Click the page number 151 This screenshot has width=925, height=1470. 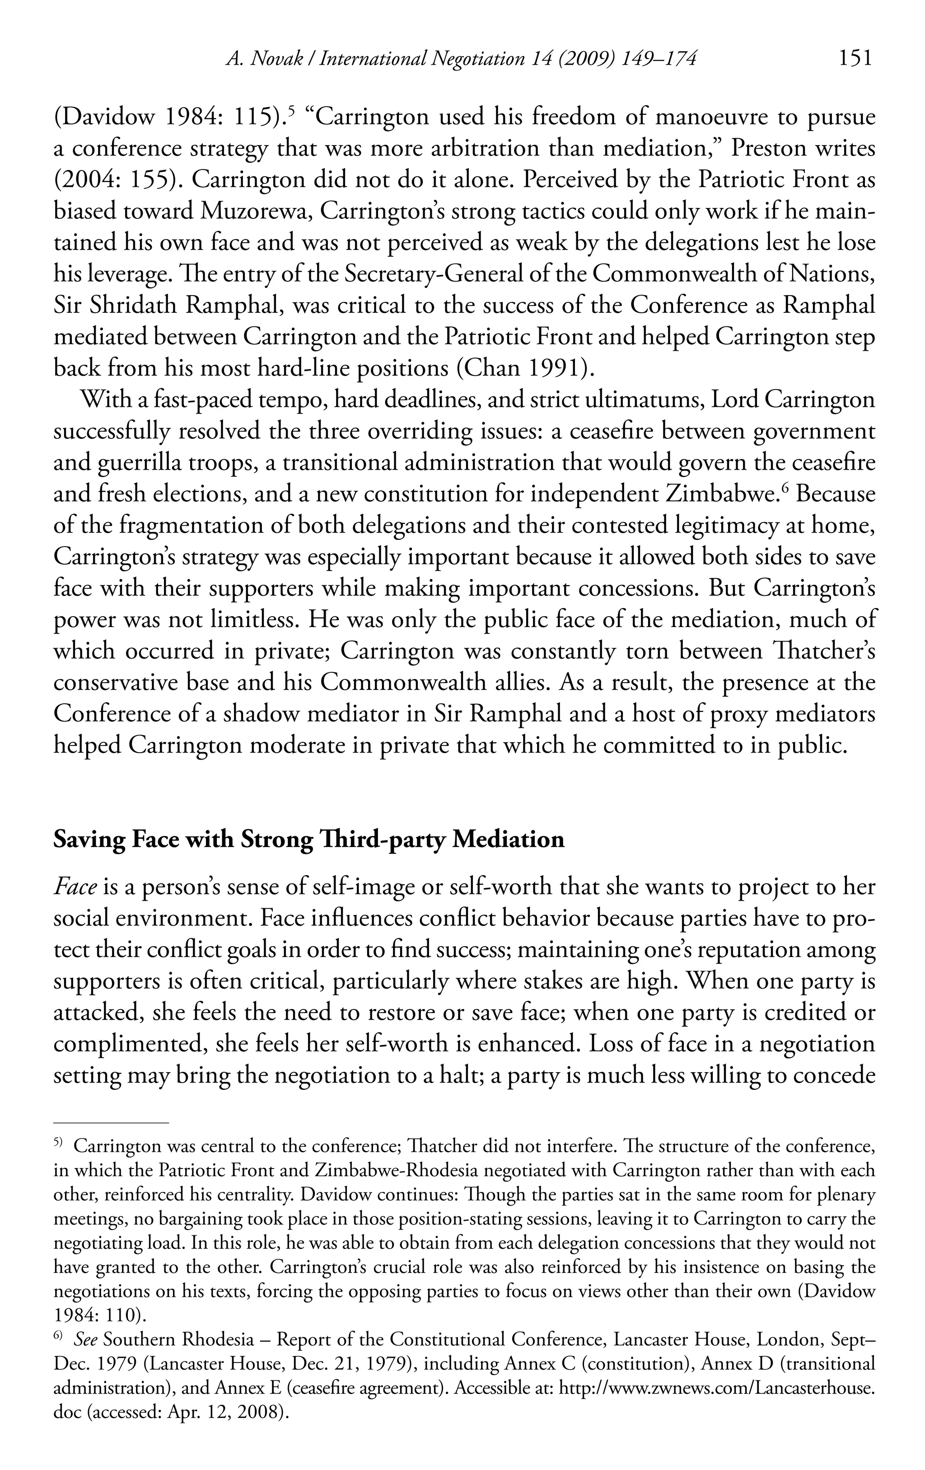(855, 59)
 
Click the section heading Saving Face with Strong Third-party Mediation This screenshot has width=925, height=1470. (309, 840)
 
